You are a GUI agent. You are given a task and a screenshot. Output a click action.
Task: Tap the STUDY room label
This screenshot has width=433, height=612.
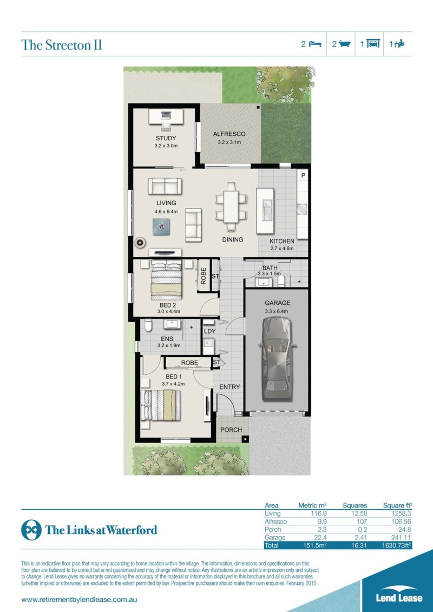(166, 138)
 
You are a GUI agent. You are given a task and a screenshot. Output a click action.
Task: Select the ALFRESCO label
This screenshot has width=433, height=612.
(229, 134)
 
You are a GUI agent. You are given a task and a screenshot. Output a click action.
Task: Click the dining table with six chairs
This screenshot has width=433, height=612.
(231, 206)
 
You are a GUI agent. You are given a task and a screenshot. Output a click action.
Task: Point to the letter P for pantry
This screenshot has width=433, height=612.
(303, 175)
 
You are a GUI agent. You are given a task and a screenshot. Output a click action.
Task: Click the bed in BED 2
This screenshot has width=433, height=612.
(167, 280)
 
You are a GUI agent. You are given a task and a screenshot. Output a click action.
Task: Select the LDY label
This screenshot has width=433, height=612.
(209, 331)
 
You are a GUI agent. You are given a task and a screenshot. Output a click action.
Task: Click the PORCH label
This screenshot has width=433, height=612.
(231, 430)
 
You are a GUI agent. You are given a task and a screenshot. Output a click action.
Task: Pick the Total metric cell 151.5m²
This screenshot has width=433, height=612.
(315, 546)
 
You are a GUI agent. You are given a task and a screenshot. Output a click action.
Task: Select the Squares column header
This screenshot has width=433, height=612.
(355, 506)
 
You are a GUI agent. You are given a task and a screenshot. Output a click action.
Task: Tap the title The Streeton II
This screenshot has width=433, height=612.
(62, 45)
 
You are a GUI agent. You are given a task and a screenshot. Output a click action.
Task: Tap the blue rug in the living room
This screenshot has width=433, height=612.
(161, 227)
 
